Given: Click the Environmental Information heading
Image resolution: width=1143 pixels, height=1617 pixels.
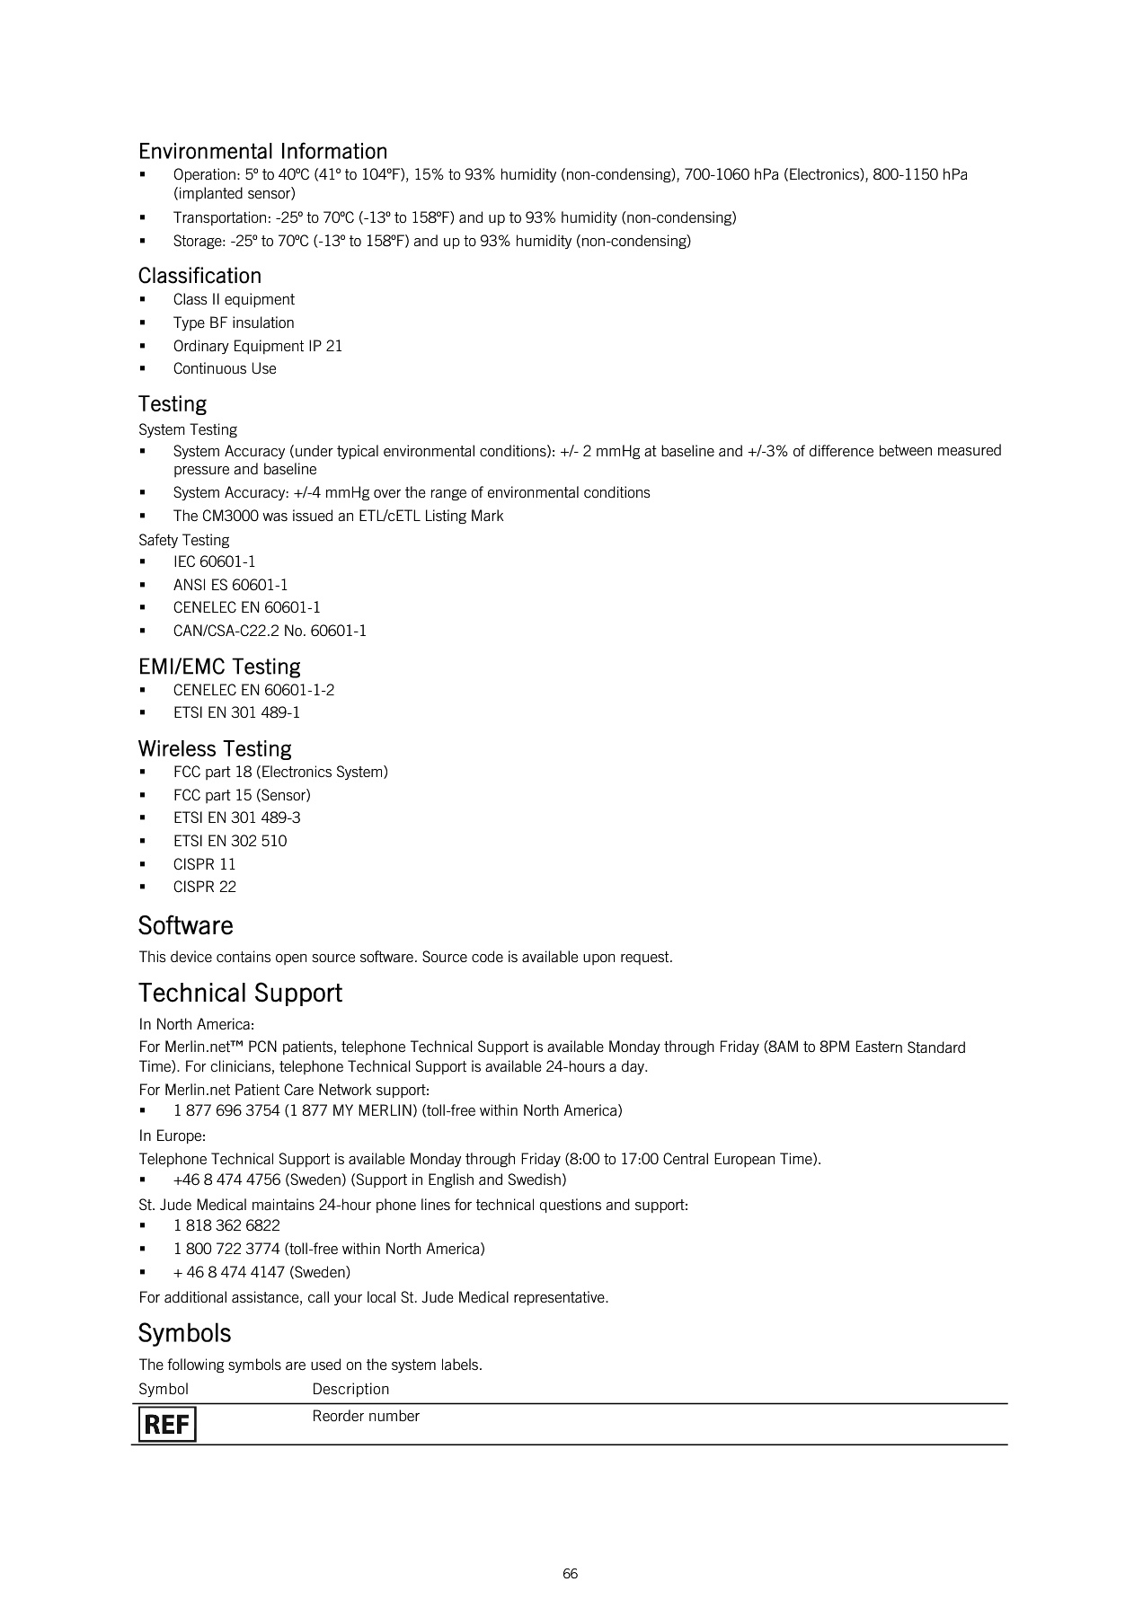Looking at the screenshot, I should [262, 151].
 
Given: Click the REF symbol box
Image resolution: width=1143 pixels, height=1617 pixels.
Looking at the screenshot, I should [167, 1424].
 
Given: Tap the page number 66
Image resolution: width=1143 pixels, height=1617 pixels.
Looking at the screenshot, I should [570, 1573].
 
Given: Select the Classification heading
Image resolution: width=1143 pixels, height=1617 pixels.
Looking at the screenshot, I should [199, 276].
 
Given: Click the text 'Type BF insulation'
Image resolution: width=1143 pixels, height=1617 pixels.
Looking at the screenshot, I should [234, 323].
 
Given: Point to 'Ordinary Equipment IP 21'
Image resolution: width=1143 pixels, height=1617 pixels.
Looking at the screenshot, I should [257, 346].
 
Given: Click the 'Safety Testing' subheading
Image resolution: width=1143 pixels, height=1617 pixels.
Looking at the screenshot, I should [183, 540].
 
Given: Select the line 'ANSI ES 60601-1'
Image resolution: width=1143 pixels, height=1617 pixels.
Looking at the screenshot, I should [230, 585].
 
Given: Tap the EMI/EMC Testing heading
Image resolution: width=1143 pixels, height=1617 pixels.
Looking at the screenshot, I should [219, 667].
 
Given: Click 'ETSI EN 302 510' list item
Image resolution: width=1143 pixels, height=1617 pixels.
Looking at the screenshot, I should [230, 841].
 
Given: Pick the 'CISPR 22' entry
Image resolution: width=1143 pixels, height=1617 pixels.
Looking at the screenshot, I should [205, 887].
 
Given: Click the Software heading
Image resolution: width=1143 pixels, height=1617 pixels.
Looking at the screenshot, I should [185, 925].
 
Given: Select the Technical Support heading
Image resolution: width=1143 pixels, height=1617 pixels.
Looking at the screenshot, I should [240, 993].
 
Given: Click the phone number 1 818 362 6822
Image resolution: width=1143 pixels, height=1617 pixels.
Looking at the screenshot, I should [226, 1225].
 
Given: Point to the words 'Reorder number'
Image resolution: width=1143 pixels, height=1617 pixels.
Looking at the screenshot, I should [366, 1416].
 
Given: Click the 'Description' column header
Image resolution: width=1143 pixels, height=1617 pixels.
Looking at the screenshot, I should [350, 1389].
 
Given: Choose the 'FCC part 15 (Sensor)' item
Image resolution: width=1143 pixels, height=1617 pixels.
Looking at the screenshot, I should [242, 795].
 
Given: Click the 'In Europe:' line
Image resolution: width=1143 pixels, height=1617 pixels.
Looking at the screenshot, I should [172, 1135].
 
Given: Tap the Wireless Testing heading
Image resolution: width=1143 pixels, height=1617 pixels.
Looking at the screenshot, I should [215, 748].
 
